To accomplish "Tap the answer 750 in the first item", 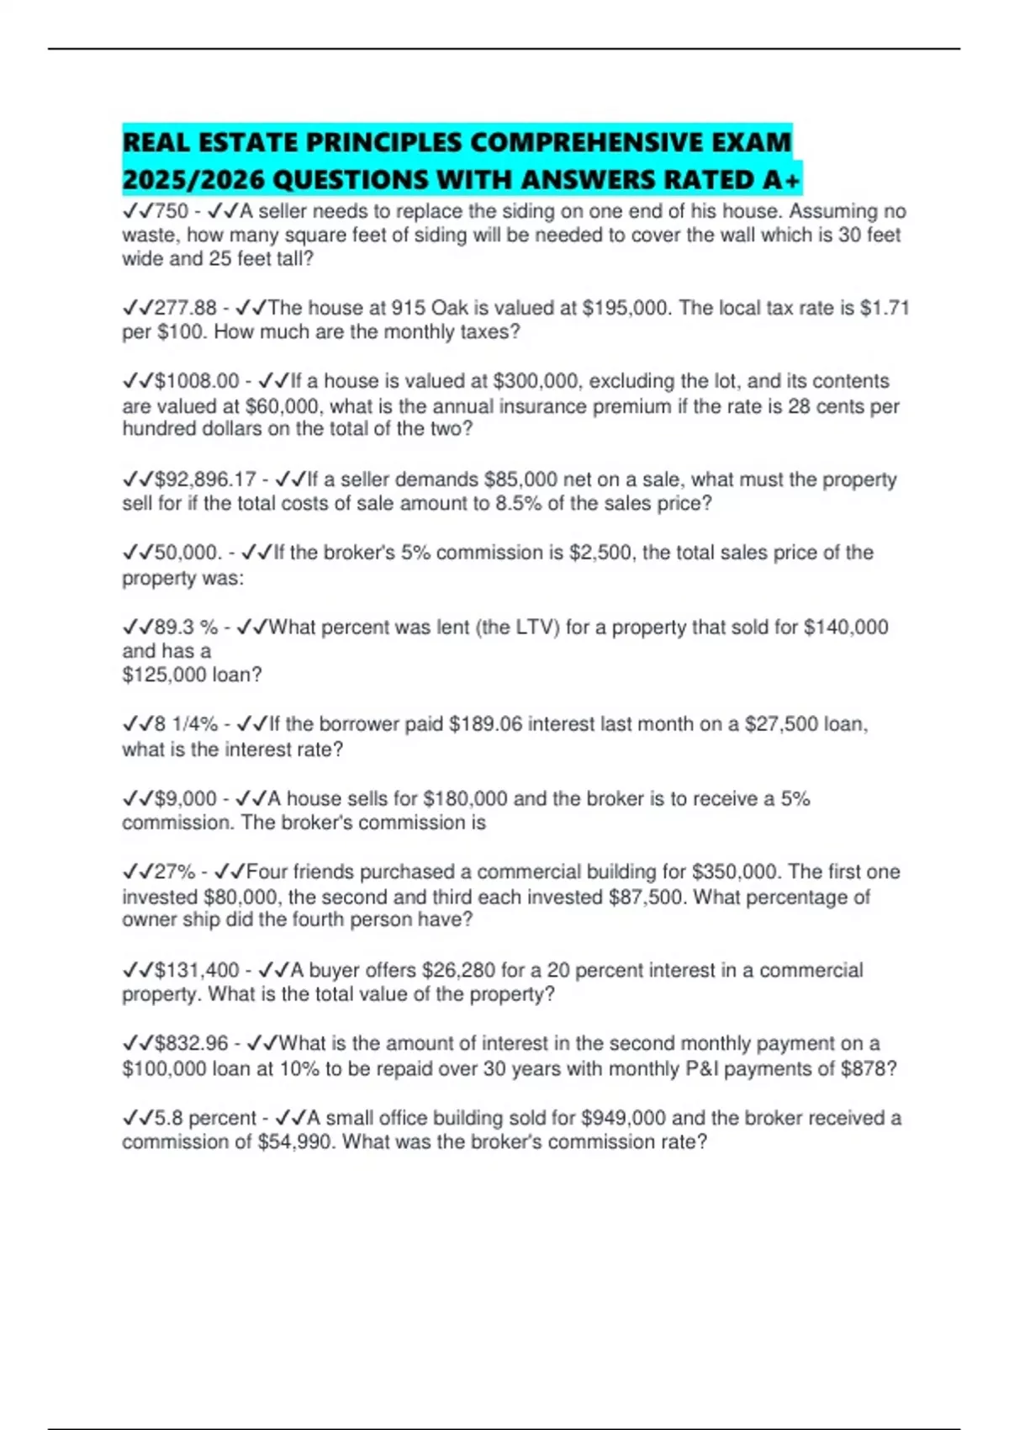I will point(172,211).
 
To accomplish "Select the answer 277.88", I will point(186,308).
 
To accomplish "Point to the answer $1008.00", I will point(197,381).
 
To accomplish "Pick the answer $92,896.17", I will point(205,479).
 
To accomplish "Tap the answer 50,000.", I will point(188,553).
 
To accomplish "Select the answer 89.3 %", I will point(186,628).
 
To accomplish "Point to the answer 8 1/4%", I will point(186,724).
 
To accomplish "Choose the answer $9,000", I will point(186,798).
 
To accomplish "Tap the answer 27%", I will point(175,872).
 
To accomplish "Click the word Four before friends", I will point(267,872).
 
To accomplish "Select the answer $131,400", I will point(197,971).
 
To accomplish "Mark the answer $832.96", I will point(191,1044).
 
